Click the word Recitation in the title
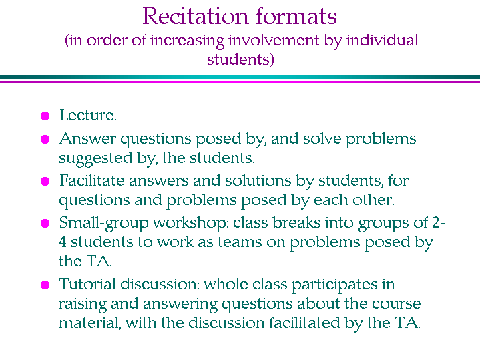(x=195, y=16)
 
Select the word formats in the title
(x=296, y=16)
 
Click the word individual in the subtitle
(x=382, y=41)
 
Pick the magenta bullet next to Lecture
(x=45, y=116)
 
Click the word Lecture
(x=88, y=115)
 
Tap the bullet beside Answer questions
(x=45, y=140)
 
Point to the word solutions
(x=258, y=180)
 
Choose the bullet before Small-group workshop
(x=45, y=223)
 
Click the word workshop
(x=191, y=223)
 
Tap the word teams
(x=240, y=242)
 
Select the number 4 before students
(x=63, y=242)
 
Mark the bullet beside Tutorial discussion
(x=45, y=285)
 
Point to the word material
(x=89, y=323)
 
